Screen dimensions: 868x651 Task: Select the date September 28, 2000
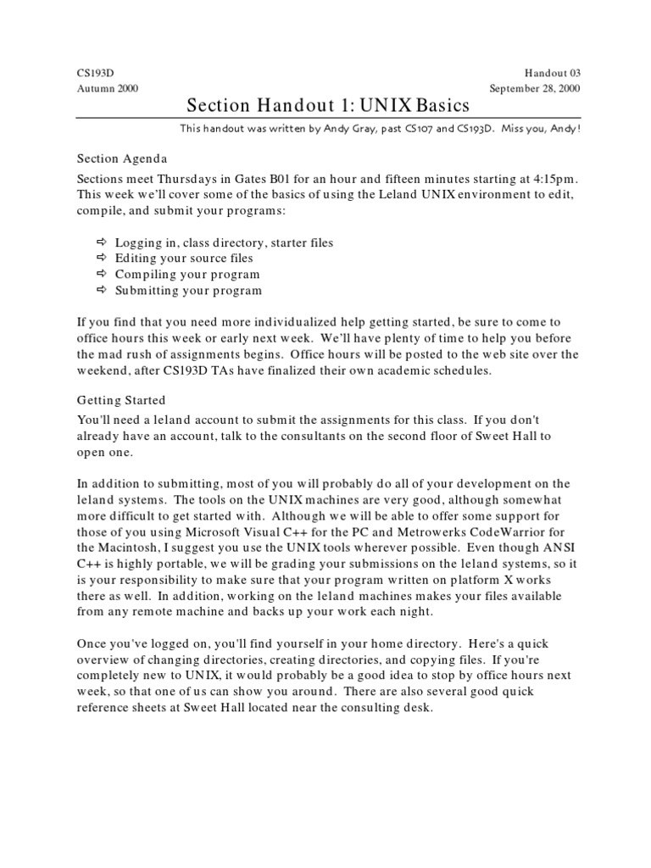pos(536,89)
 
